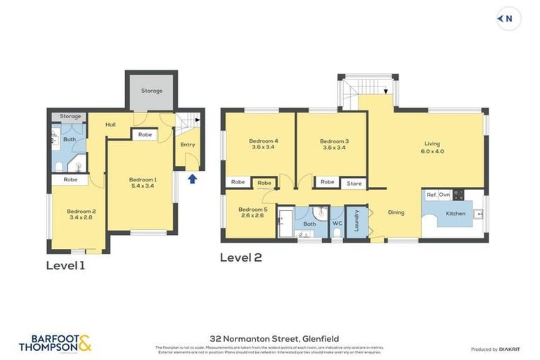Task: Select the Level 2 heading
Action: (240, 257)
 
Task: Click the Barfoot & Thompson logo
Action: (56, 343)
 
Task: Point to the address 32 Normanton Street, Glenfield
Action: (269, 338)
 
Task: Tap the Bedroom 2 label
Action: (81, 214)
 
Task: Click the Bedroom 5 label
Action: (252, 212)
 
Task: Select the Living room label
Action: (432, 147)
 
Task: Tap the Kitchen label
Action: (456, 213)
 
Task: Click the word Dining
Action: (396, 212)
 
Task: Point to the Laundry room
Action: (356, 221)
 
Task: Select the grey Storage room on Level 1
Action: (151, 91)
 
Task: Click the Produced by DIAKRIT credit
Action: (494, 349)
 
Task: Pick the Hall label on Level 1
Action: (110, 124)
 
